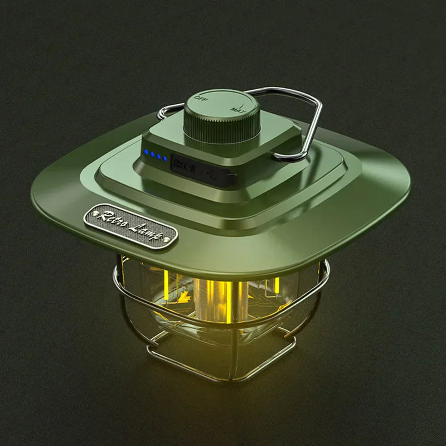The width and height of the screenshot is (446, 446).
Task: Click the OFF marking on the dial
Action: coord(200,99)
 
